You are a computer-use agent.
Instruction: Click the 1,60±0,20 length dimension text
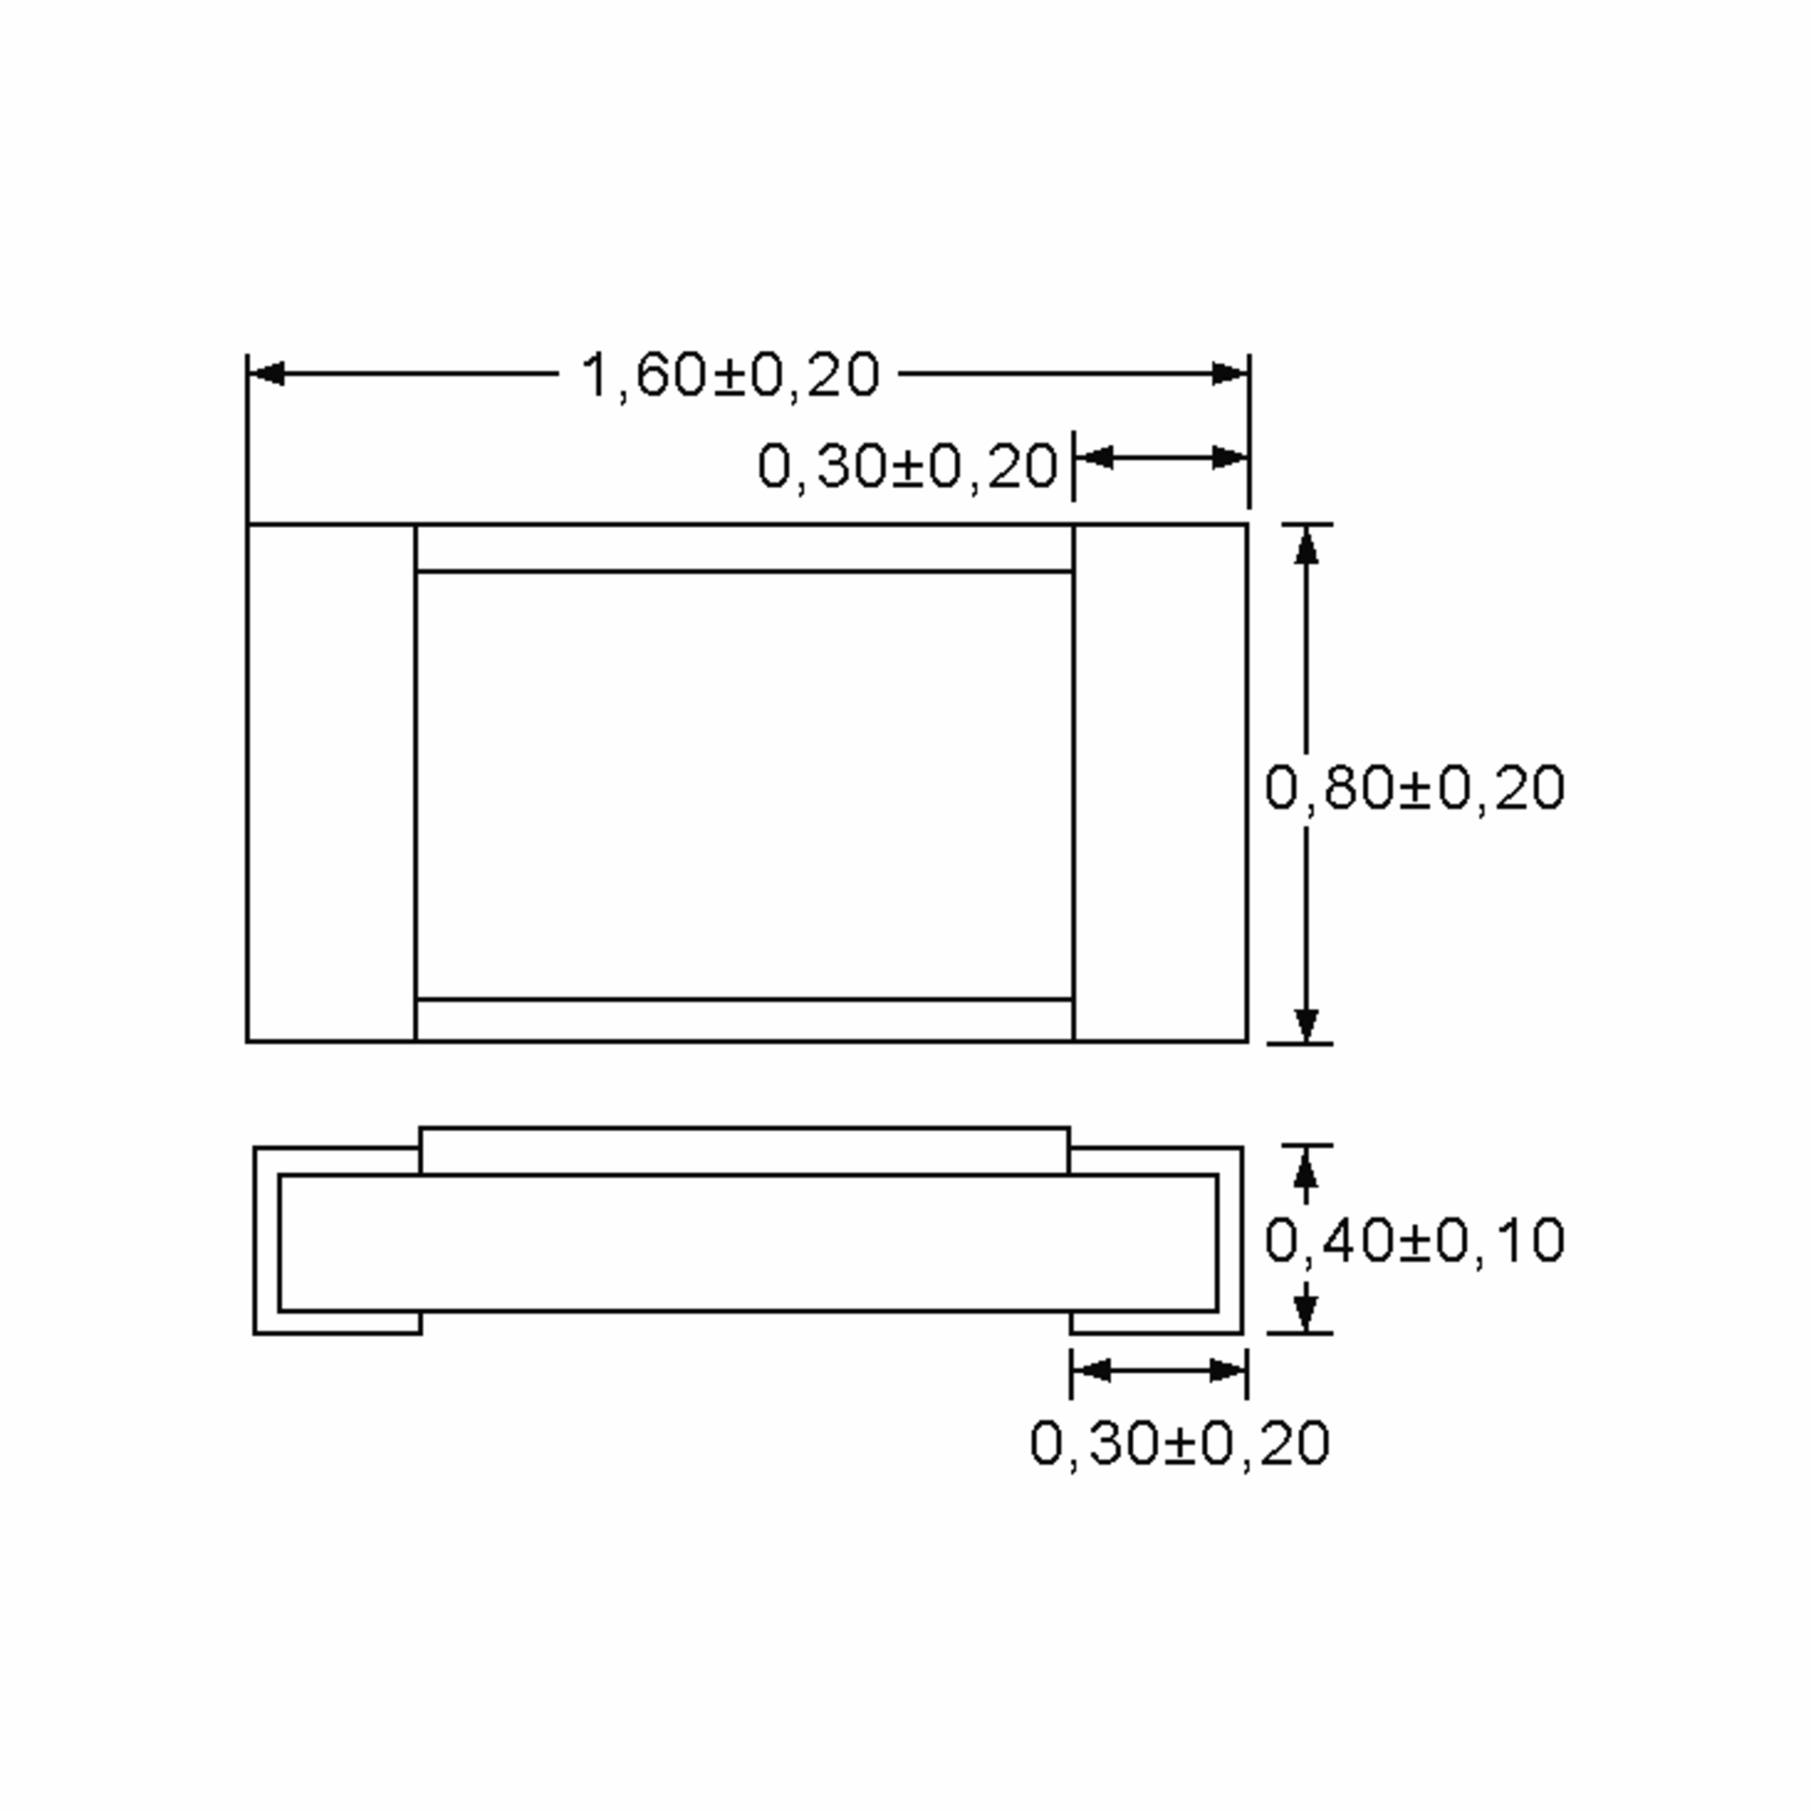click(x=730, y=376)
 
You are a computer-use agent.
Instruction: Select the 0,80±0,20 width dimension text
click(x=1413, y=787)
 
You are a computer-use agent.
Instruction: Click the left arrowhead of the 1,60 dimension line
click(x=268, y=374)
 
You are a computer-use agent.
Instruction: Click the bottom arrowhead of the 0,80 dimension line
click(x=1305, y=1024)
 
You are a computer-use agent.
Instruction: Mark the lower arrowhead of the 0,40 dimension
click(x=1305, y=1311)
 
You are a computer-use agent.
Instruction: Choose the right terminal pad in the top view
click(x=1160, y=783)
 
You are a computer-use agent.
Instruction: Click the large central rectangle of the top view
click(x=744, y=786)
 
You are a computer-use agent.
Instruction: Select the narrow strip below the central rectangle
click(x=744, y=1020)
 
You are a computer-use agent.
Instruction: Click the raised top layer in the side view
click(x=744, y=1150)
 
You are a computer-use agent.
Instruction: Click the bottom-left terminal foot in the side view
click(x=337, y=1323)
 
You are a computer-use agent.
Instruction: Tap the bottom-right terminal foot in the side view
click(x=1157, y=1323)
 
